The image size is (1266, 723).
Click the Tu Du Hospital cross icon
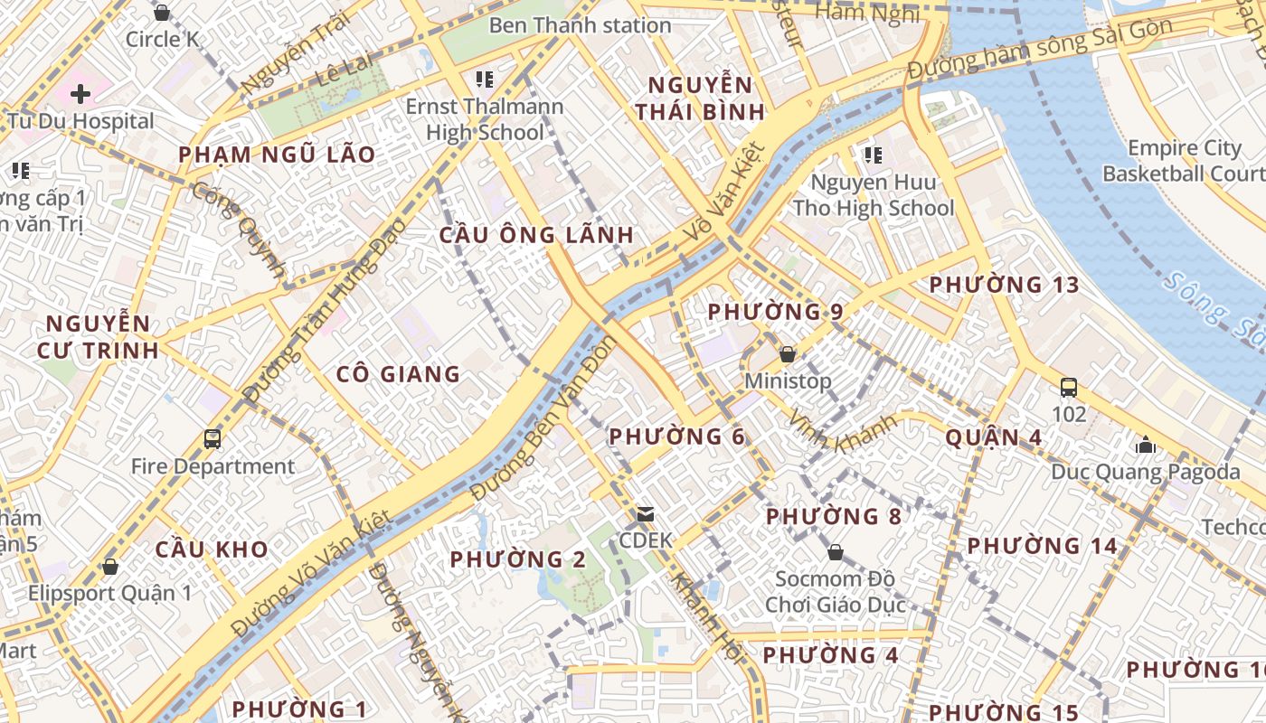click(x=80, y=93)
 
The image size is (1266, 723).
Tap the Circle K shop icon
click(x=162, y=13)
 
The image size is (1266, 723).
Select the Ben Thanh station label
click(x=580, y=25)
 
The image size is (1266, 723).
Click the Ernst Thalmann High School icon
click(x=485, y=80)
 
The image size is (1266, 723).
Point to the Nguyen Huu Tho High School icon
click(x=873, y=155)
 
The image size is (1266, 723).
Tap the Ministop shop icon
click(x=788, y=354)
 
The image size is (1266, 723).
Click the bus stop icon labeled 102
click(x=1069, y=388)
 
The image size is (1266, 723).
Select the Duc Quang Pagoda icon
click(x=1146, y=445)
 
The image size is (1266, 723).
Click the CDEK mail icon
click(x=646, y=514)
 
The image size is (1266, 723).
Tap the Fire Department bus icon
click(x=213, y=439)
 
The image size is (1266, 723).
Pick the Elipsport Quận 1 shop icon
click(x=110, y=567)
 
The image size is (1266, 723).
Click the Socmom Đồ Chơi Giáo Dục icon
click(x=836, y=551)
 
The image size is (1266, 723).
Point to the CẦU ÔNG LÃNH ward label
click(x=536, y=235)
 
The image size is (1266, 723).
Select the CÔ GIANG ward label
click(x=398, y=374)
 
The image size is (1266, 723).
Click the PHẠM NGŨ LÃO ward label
click(x=277, y=155)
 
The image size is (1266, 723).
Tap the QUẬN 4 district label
click(x=994, y=438)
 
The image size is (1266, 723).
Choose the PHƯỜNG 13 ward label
click(x=1004, y=286)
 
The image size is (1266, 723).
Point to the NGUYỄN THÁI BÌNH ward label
click(x=700, y=99)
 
